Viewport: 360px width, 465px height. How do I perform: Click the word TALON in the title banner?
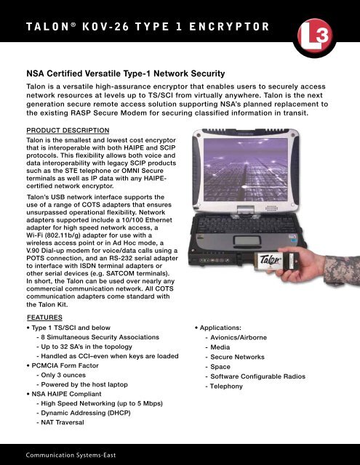click(x=38, y=28)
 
